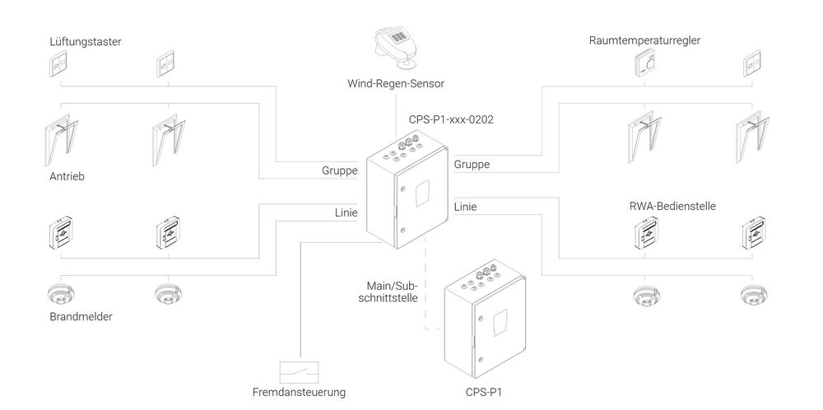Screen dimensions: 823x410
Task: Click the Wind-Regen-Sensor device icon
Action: point(397,49)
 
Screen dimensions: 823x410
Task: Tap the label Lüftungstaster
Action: point(86,41)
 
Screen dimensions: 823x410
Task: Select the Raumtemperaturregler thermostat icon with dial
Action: point(649,64)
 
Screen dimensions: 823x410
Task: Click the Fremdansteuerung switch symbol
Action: point(300,372)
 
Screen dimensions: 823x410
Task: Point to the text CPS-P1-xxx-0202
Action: point(451,119)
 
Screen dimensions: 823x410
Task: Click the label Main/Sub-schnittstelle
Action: point(392,292)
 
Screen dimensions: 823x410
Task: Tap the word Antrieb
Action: point(67,176)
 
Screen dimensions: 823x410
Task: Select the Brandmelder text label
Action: point(81,316)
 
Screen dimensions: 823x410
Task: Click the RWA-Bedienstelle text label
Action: point(672,206)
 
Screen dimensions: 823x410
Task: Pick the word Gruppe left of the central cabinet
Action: point(340,170)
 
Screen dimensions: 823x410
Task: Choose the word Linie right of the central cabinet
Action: point(466,207)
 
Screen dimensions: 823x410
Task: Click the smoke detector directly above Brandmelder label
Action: point(61,295)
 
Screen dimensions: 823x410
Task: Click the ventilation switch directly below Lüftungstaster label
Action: point(60,64)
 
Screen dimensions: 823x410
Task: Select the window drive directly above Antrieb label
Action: point(62,140)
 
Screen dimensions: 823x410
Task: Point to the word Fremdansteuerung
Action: point(300,392)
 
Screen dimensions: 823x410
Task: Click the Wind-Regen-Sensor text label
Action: point(396,83)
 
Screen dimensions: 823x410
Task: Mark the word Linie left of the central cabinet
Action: point(346,212)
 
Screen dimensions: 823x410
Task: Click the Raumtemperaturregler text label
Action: point(644,40)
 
